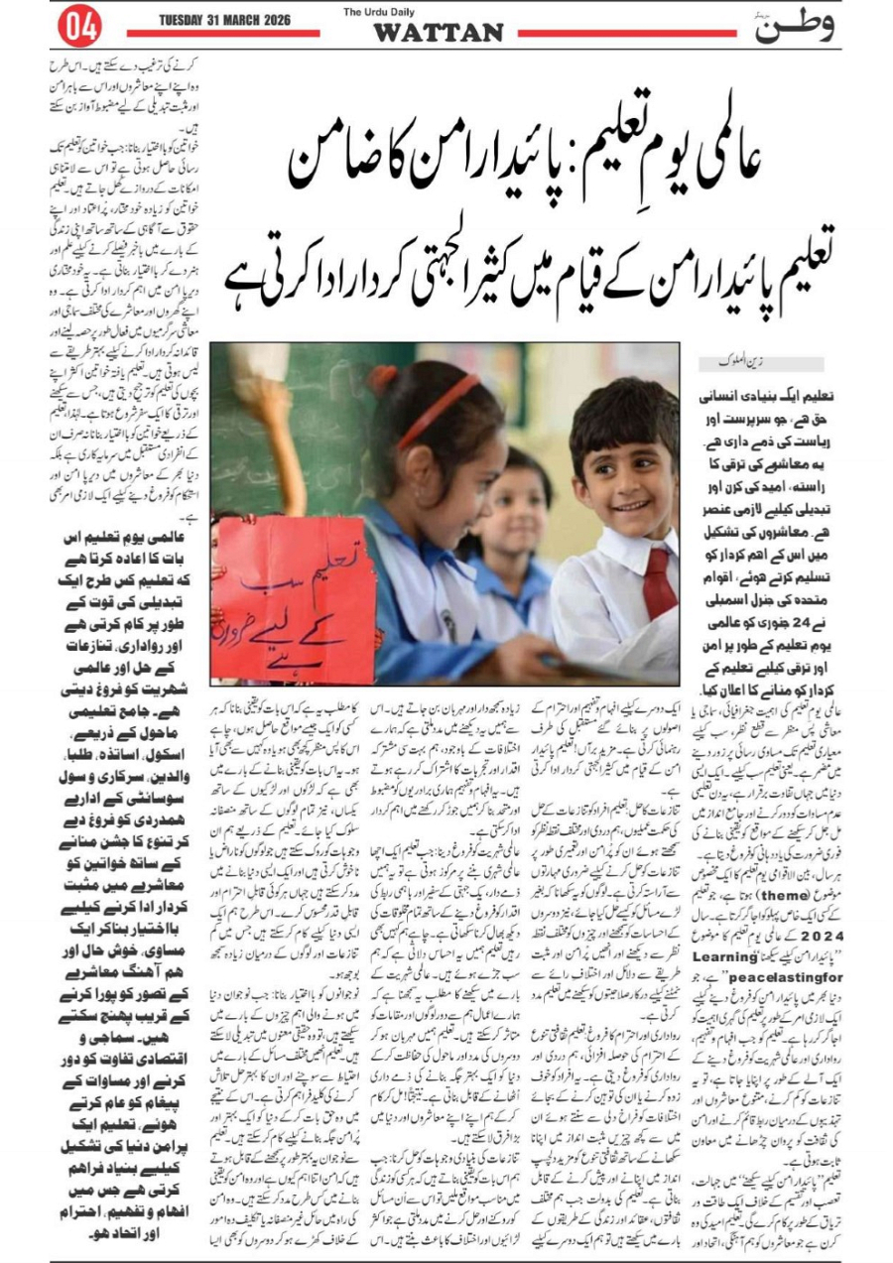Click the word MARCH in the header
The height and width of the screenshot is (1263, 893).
(257, 21)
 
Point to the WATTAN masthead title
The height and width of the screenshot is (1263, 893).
(439, 33)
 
